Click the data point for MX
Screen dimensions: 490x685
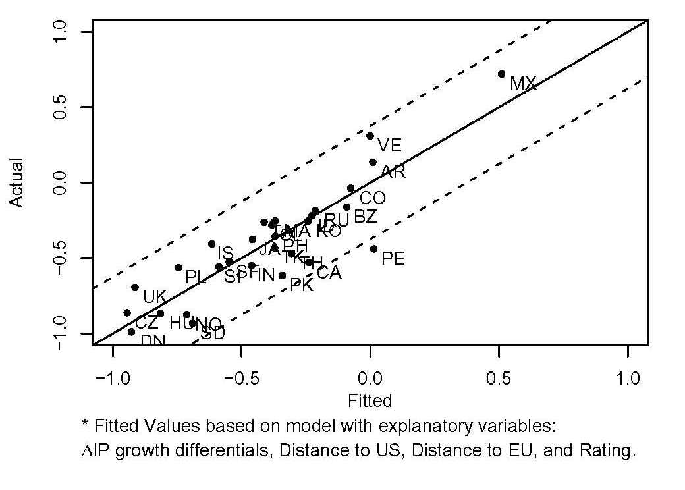502,74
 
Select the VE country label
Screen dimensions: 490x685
389,145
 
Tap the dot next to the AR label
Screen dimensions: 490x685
373,162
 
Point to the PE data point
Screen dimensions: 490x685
373,249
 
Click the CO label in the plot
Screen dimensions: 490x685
372,198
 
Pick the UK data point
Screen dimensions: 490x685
135,288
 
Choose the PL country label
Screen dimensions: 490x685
196,277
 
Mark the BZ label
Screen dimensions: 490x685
366,217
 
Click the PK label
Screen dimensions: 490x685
302,286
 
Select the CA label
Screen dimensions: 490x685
329,273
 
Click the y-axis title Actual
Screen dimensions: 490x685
18,182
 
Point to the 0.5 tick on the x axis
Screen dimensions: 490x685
499,379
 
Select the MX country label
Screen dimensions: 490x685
524,84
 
